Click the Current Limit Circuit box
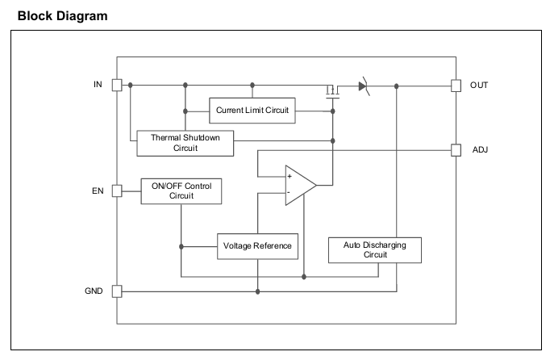click(x=252, y=111)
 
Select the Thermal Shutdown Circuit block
click(x=185, y=144)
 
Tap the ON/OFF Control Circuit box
click(x=181, y=191)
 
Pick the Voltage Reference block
click(x=257, y=246)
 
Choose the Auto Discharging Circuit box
click(x=375, y=250)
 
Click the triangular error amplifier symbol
click(x=301, y=185)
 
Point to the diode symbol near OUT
click(x=364, y=86)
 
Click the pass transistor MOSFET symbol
click(x=332, y=92)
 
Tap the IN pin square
click(x=117, y=85)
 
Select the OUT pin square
click(x=456, y=86)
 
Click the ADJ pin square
click(x=456, y=150)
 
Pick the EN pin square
click(x=117, y=191)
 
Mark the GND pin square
click(x=117, y=291)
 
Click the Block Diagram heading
click(x=62, y=16)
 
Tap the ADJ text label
click(x=480, y=150)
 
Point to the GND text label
click(x=94, y=291)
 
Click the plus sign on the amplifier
click(x=290, y=176)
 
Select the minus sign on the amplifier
click(x=289, y=192)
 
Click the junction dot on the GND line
click(x=258, y=291)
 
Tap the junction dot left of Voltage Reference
click(x=181, y=246)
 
